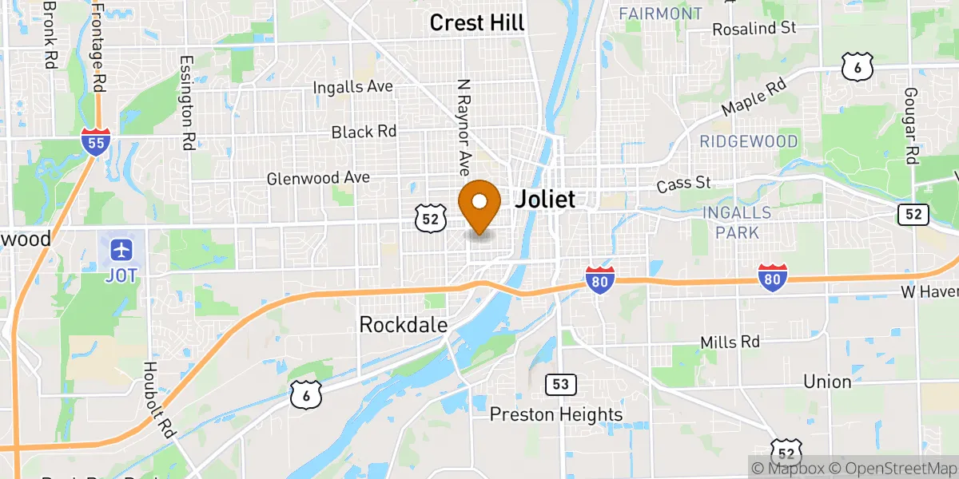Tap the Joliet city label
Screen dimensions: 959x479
(544, 199)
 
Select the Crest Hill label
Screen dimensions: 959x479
(477, 22)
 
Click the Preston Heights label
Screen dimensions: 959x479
(556, 414)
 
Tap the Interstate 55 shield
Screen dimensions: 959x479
(95, 141)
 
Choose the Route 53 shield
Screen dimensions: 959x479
(561, 385)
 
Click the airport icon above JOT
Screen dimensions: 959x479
(121, 249)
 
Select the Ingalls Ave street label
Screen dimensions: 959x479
(352, 86)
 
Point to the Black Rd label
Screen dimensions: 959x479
(364, 131)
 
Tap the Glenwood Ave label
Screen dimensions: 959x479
(318, 177)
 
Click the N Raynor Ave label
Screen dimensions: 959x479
(462, 126)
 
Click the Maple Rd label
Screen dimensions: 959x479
(754, 96)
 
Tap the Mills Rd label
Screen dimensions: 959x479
(730, 342)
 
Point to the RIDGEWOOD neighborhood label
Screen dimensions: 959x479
(749, 142)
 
